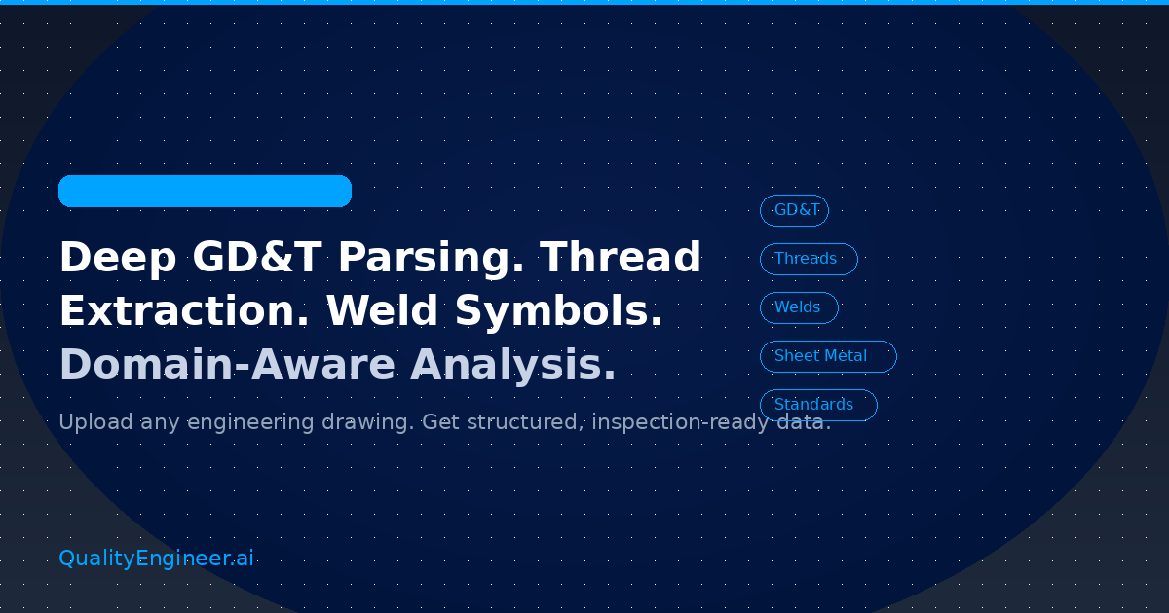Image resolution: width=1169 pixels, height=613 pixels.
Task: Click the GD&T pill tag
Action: [794, 210]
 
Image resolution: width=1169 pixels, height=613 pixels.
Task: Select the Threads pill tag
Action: [808, 259]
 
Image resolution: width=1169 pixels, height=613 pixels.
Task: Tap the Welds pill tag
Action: [798, 307]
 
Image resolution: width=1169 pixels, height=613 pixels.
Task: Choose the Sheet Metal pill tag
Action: [827, 356]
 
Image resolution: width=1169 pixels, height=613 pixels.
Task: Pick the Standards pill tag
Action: [817, 405]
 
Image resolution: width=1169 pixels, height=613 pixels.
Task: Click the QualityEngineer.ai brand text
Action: [156, 559]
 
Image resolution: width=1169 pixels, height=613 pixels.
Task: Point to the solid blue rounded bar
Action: [205, 191]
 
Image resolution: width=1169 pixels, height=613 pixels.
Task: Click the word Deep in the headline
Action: [117, 258]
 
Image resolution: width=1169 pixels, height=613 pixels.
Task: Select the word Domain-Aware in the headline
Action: [227, 365]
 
